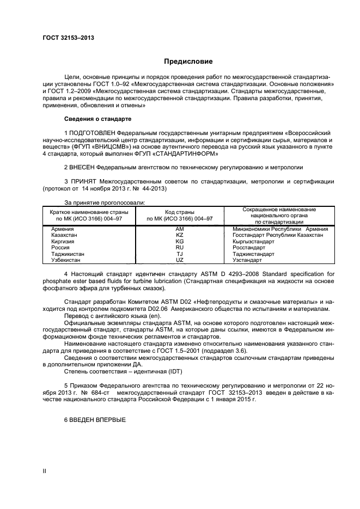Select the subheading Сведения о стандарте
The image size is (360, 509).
pyautogui.click(x=98, y=118)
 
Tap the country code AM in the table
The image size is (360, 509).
pyautogui.click(x=180, y=229)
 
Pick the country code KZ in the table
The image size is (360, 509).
pyautogui.click(x=180, y=235)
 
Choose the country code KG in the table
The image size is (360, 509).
pyautogui.click(x=180, y=241)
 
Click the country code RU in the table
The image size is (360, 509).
pyautogui.click(x=180, y=248)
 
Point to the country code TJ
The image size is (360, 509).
pyautogui.click(x=180, y=254)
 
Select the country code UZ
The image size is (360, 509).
pyautogui.click(x=180, y=260)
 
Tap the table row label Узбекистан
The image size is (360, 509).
pyautogui.click(x=66, y=260)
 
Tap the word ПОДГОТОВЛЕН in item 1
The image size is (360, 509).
pyautogui.click(x=93, y=133)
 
